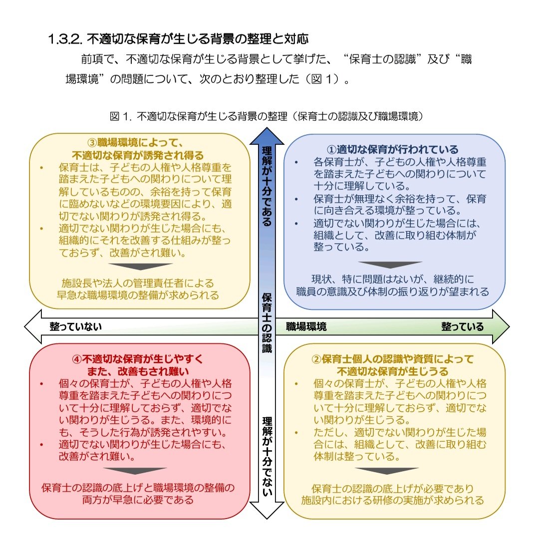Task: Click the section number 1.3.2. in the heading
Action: tap(66, 38)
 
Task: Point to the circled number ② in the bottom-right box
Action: tap(317, 359)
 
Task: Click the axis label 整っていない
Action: tap(75, 327)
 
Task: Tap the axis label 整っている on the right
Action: tap(462, 327)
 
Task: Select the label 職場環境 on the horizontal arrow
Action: tap(306, 327)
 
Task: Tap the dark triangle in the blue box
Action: tap(390, 265)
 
